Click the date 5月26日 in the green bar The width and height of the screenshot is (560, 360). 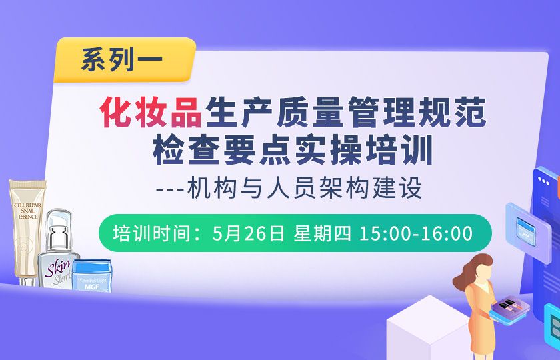[x=247, y=233]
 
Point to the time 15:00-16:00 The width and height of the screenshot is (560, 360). [x=415, y=233]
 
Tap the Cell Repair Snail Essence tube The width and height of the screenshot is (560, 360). [x=26, y=227]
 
